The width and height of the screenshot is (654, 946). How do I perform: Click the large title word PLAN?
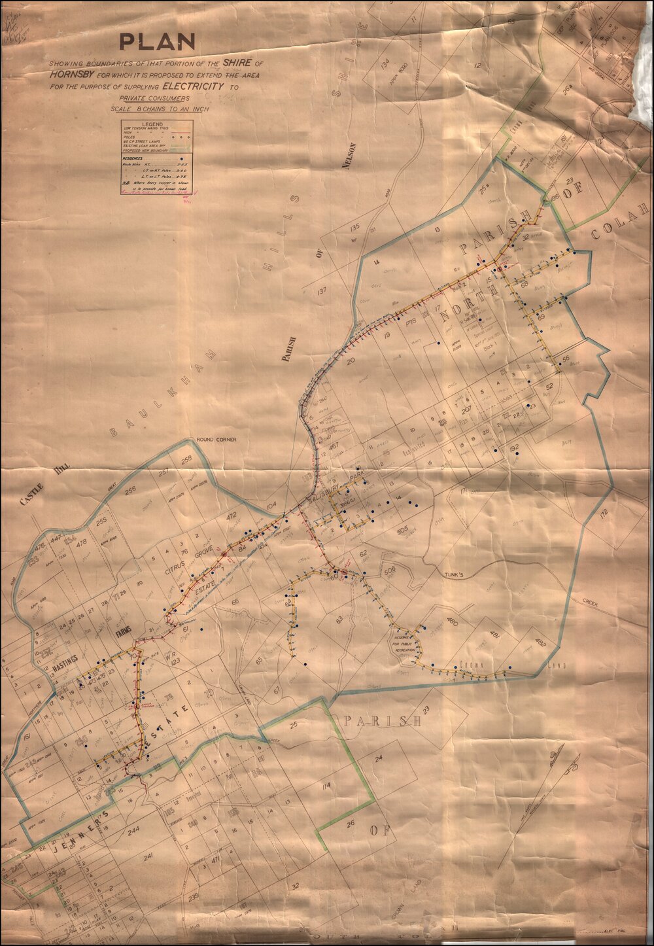click(x=157, y=42)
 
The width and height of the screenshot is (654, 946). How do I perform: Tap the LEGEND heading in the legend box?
click(x=152, y=124)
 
